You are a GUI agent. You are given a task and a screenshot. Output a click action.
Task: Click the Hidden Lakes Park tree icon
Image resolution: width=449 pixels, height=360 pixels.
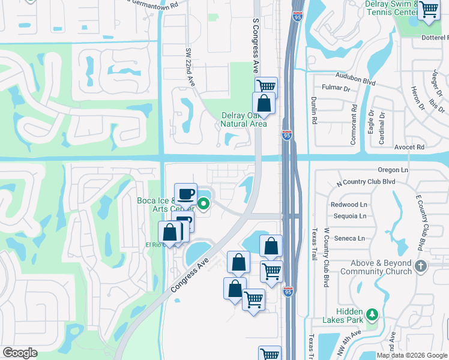coord(372,314)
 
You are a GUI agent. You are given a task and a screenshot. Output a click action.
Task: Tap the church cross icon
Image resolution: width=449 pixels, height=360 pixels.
coord(421,266)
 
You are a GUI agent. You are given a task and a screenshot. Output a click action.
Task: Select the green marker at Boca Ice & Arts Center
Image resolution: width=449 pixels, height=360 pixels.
coord(203,204)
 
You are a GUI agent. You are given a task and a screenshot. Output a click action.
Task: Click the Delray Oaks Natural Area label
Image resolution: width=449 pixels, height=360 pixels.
coord(243,119)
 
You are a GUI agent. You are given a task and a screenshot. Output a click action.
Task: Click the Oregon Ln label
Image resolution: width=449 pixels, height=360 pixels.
coord(393,170)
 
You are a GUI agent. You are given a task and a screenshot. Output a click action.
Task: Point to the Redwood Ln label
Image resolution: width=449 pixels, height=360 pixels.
coord(349,205)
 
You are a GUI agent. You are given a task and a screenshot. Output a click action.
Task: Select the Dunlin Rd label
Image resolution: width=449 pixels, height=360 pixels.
coord(313,111)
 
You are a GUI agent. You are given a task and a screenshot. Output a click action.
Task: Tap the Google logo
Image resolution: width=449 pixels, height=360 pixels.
coord(20,353)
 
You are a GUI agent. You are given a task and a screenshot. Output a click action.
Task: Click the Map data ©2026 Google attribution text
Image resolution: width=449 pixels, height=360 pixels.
coord(411,355)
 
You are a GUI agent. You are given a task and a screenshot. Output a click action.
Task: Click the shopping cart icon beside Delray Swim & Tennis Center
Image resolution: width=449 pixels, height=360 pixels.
coord(429,10)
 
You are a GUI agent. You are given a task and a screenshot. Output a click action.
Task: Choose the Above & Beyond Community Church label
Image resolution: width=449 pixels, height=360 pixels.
coord(376,267)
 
